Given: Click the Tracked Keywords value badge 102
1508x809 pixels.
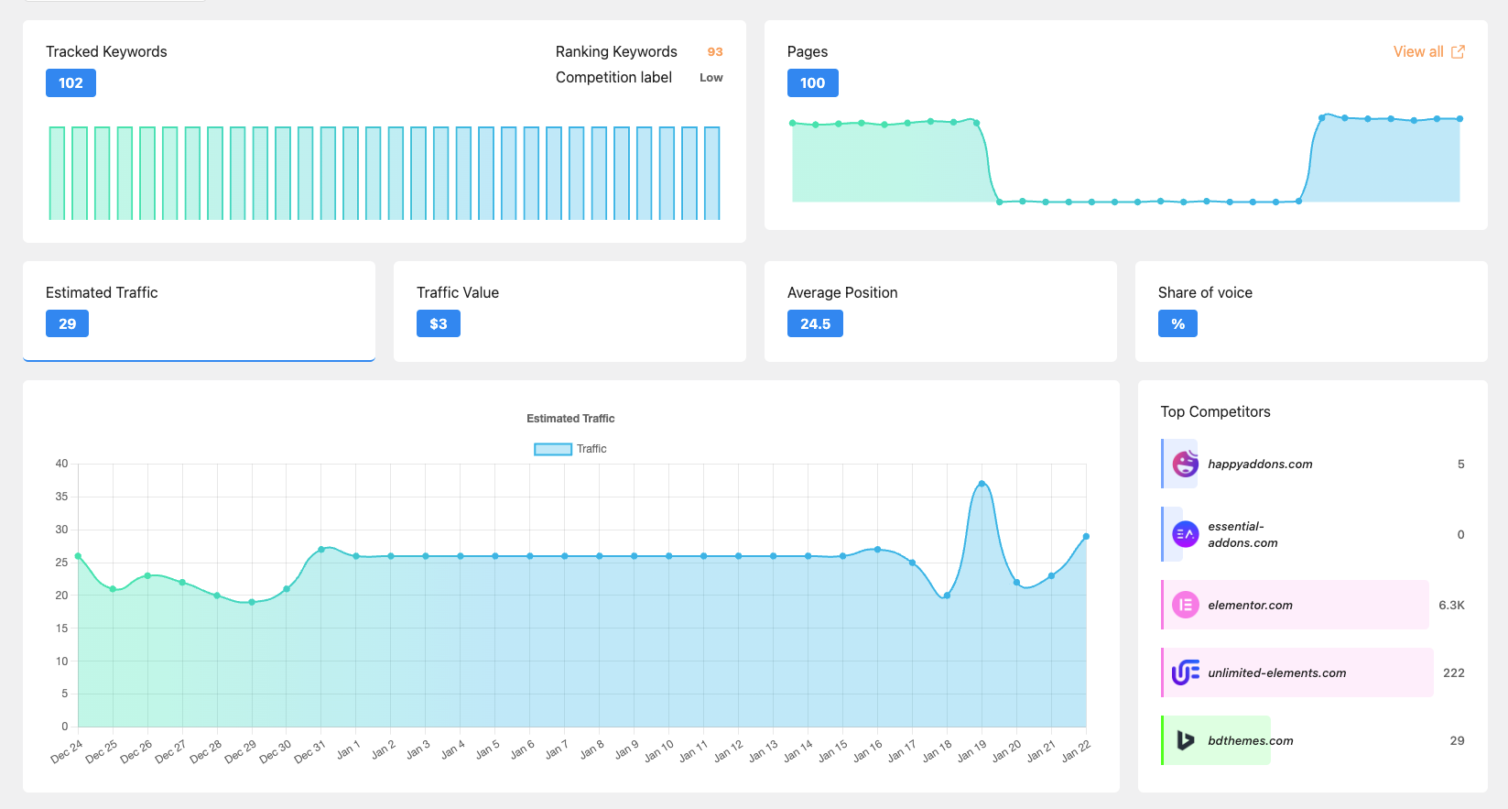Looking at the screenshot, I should (x=71, y=83).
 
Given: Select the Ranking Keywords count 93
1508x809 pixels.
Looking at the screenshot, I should (x=715, y=52).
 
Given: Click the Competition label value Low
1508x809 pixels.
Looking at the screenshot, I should (x=711, y=78).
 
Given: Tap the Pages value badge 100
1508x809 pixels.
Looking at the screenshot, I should (x=812, y=83).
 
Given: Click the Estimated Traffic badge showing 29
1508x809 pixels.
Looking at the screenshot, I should (x=67, y=324).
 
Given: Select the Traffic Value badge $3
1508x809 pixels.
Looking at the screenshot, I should (x=438, y=324).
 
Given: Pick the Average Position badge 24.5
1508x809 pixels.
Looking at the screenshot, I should (x=815, y=324).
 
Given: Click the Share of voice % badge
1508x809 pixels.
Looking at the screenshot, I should (x=1177, y=324).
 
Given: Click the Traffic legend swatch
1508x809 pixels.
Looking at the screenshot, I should (x=553, y=449).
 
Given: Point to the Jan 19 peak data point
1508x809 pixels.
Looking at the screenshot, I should (x=982, y=484).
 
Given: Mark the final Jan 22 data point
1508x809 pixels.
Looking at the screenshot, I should (x=1086, y=537).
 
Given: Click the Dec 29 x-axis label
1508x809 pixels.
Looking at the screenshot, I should (x=241, y=752).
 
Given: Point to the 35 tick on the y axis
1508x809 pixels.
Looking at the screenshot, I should (x=61, y=497).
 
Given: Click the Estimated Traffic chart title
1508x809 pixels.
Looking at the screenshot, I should (x=570, y=419).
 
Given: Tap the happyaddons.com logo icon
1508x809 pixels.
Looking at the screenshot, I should (x=1185, y=464).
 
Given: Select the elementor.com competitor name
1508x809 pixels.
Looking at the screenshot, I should (x=1250, y=606).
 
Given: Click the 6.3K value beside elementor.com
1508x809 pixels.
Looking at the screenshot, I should (x=1451, y=606).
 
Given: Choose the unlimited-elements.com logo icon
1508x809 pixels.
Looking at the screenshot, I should (x=1185, y=672).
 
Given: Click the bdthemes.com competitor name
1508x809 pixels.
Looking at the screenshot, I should (x=1250, y=741).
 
